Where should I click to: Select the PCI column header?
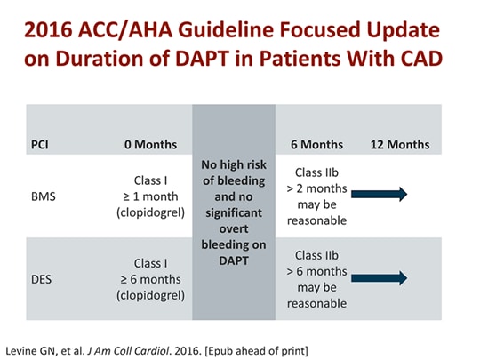[x=42, y=144]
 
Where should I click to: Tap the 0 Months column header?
[x=150, y=144]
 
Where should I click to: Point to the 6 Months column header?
[x=317, y=144]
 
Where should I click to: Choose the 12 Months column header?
[x=400, y=144]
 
